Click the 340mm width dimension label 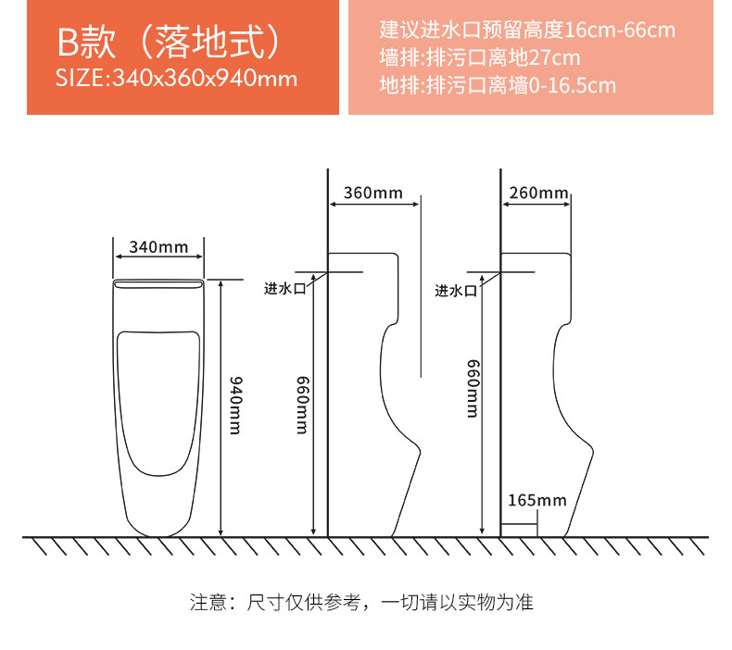tap(158, 246)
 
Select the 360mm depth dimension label tap(373, 194)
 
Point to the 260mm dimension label tap(538, 193)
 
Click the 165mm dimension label tap(536, 501)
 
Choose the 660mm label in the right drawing tap(472, 389)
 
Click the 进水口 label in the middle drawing tap(284, 288)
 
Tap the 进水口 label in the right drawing tap(456, 290)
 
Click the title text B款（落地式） tap(168, 43)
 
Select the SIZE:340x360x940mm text tap(176, 78)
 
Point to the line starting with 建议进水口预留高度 tap(527, 30)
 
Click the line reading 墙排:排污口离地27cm tap(480, 57)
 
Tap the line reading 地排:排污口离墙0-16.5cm tap(498, 85)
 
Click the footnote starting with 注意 tap(361, 603)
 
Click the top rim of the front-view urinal tap(158, 279)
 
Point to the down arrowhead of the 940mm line tap(221, 531)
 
